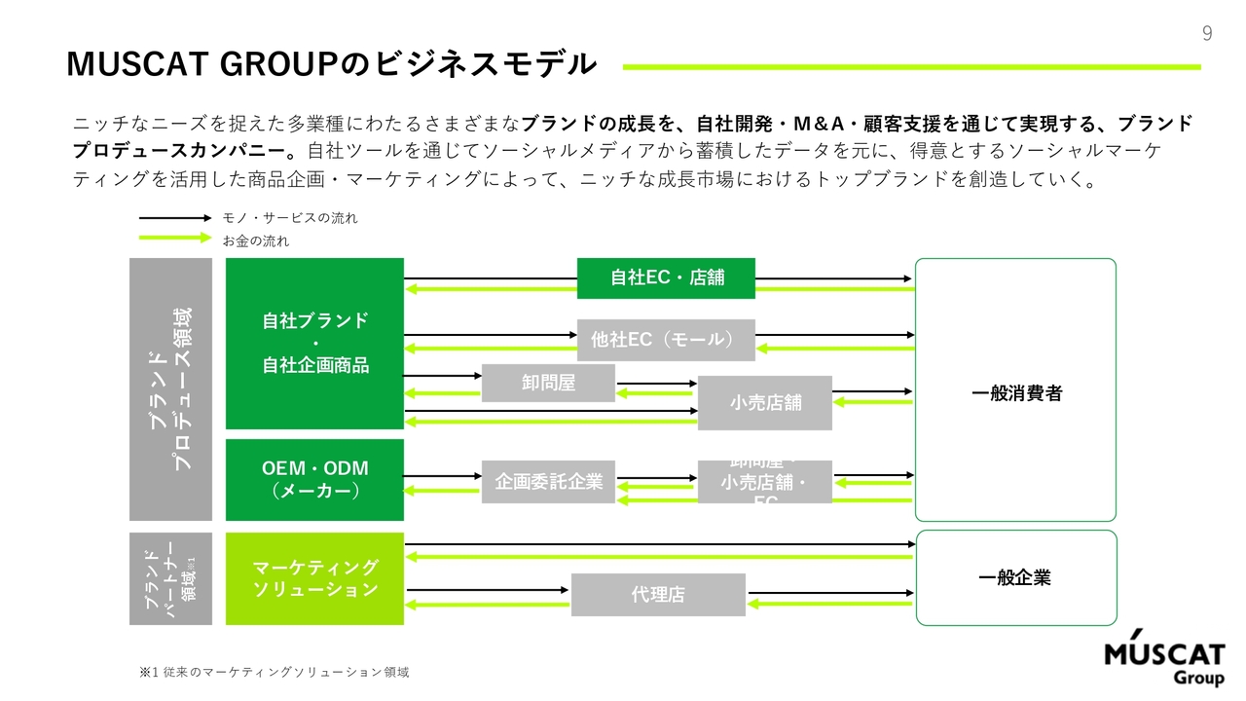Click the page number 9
pos(1207,34)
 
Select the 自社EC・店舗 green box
pos(667,278)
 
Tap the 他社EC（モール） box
pos(666,340)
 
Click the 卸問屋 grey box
pos(548,383)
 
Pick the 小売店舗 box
pos(765,402)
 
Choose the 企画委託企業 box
pos(548,481)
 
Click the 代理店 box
pos(658,594)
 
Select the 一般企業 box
pos(1015,577)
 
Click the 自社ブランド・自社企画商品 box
pos(314,343)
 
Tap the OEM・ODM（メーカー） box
pos(314,480)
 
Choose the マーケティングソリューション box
pos(314,578)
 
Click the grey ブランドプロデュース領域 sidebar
pos(170,389)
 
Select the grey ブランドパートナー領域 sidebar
pos(170,578)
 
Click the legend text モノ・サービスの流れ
pos(290,218)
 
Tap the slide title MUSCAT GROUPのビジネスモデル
pos(331,64)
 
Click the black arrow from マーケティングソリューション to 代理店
pos(487,590)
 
